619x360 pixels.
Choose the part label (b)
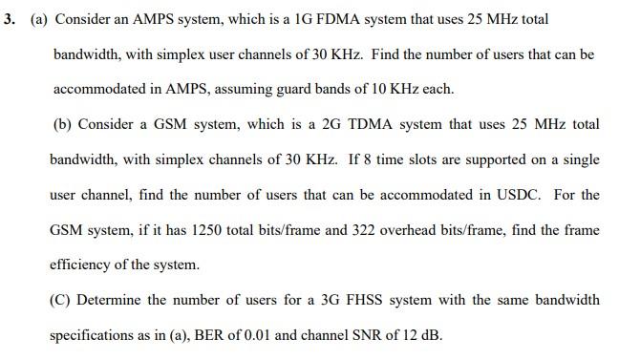click(x=62, y=124)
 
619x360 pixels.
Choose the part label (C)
click(x=62, y=300)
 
